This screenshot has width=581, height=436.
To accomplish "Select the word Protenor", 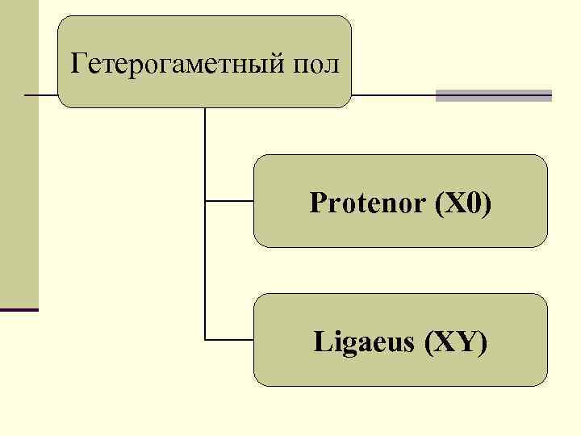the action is point(367,203).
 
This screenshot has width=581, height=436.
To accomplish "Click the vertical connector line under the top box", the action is point(206,153).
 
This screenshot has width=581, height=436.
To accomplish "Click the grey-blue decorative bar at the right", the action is point(493,95).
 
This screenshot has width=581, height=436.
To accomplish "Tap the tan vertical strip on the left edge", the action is point(19,161).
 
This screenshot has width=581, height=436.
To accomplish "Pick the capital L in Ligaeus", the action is point(320,342).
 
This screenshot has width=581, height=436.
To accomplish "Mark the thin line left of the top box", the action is point(42,95).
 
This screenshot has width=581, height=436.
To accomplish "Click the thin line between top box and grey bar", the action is point(394,95).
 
